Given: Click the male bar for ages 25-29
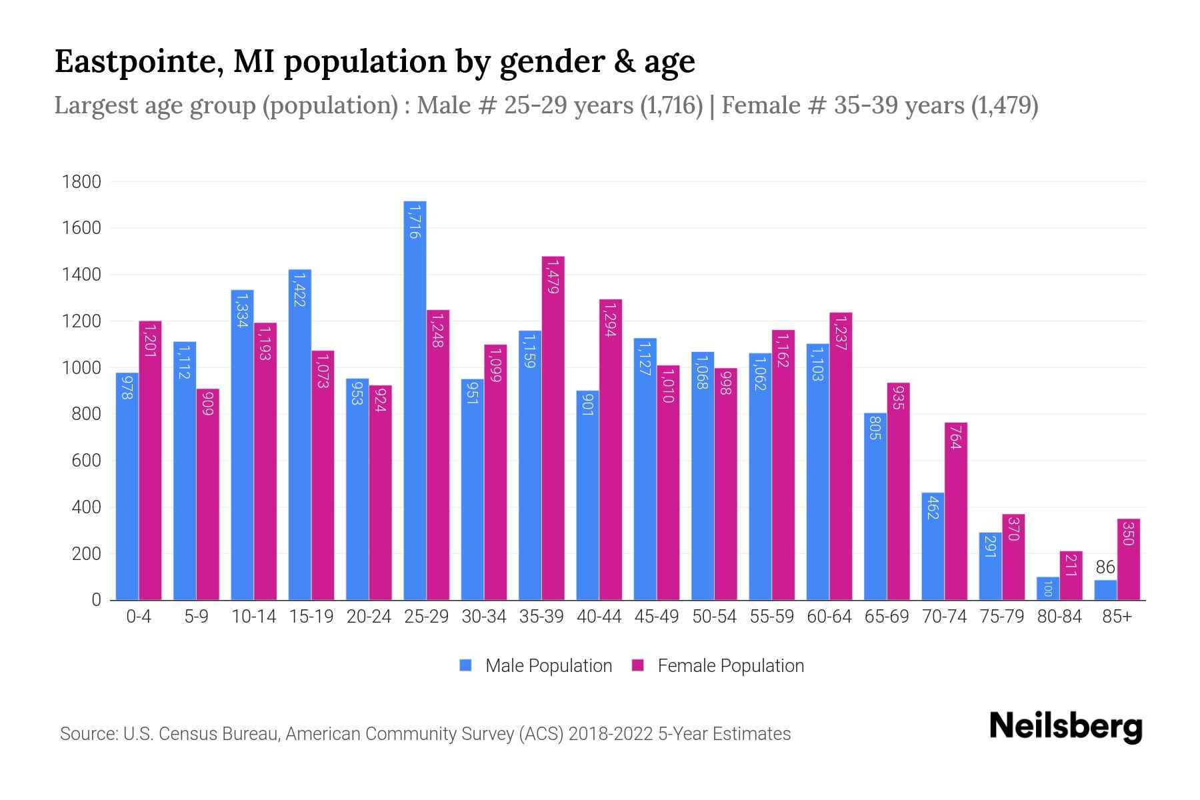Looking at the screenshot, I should tap(415, 400).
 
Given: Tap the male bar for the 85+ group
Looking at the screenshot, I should tap(1105, 590).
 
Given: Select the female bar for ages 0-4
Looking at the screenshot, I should tap(150, 460).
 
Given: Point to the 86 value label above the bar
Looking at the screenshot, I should tap(1105, 567).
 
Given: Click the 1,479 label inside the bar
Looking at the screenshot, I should tap(553, 277).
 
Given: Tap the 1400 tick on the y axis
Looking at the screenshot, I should tap(81, 275).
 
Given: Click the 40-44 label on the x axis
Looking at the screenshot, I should tap(599, 617).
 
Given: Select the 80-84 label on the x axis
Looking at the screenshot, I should tap(1059, 617).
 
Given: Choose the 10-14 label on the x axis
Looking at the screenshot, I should tap(253, 617).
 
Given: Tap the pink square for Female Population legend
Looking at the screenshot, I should tap(638, 665).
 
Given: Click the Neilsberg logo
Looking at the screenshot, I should tap(1065, 727).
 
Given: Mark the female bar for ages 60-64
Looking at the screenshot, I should tap(841, 456).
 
